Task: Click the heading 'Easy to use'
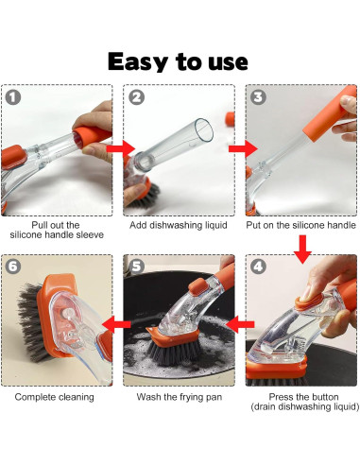point(178,61)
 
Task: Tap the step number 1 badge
point(13,97)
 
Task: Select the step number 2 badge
point(137,97)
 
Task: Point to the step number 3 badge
point(258,97)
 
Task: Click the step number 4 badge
point(258,267)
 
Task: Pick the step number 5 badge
point(137,267)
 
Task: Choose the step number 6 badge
point(13,267)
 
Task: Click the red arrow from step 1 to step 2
point(121,148)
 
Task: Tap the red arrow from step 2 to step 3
point(243,148)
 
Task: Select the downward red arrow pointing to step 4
point(302,250)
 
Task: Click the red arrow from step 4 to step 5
point(240,324)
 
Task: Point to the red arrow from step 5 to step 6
point(116,324)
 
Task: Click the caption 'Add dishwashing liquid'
point(179,225)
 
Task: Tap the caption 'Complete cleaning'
point(54,397)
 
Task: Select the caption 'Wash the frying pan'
point(180,397)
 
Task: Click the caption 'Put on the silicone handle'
point(300,225)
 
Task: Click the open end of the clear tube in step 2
point(204,129)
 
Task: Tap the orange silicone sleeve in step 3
point(329,112)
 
